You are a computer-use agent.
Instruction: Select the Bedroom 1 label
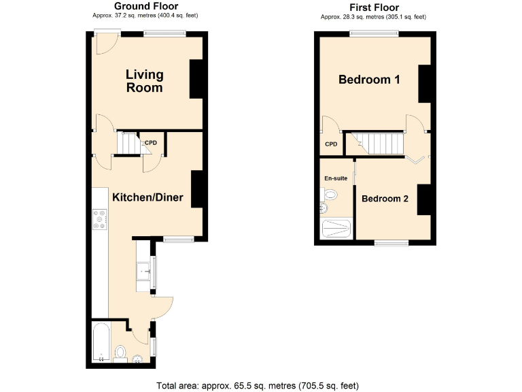tap(369, 80)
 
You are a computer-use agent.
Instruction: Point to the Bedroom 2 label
tap(385, 199)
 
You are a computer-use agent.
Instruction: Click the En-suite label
tap(336, 178)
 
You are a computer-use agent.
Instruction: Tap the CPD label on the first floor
tap(331, 144)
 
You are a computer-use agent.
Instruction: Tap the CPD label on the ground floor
tap(151, 143)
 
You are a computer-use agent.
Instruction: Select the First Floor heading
tap(373, 7)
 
